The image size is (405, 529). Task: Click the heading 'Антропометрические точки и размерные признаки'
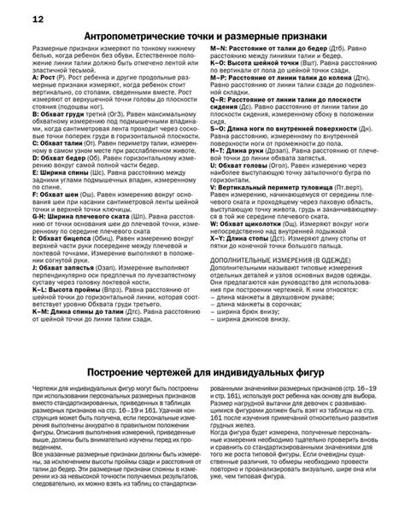202,38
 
